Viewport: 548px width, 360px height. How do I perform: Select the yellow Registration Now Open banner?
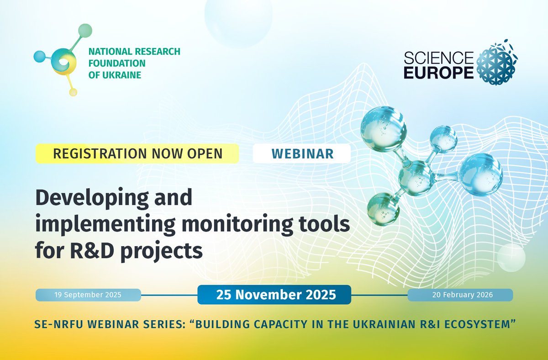137,154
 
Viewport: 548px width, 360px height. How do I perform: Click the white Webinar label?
301,154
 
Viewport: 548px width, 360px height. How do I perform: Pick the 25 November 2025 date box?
274,295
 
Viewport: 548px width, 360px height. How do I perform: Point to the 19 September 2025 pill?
88,295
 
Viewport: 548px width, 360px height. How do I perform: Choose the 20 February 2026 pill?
460,295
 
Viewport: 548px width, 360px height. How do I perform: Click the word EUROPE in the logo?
438,73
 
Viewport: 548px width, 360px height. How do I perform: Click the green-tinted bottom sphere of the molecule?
383,208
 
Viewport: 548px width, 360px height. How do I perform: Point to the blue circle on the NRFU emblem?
40,56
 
